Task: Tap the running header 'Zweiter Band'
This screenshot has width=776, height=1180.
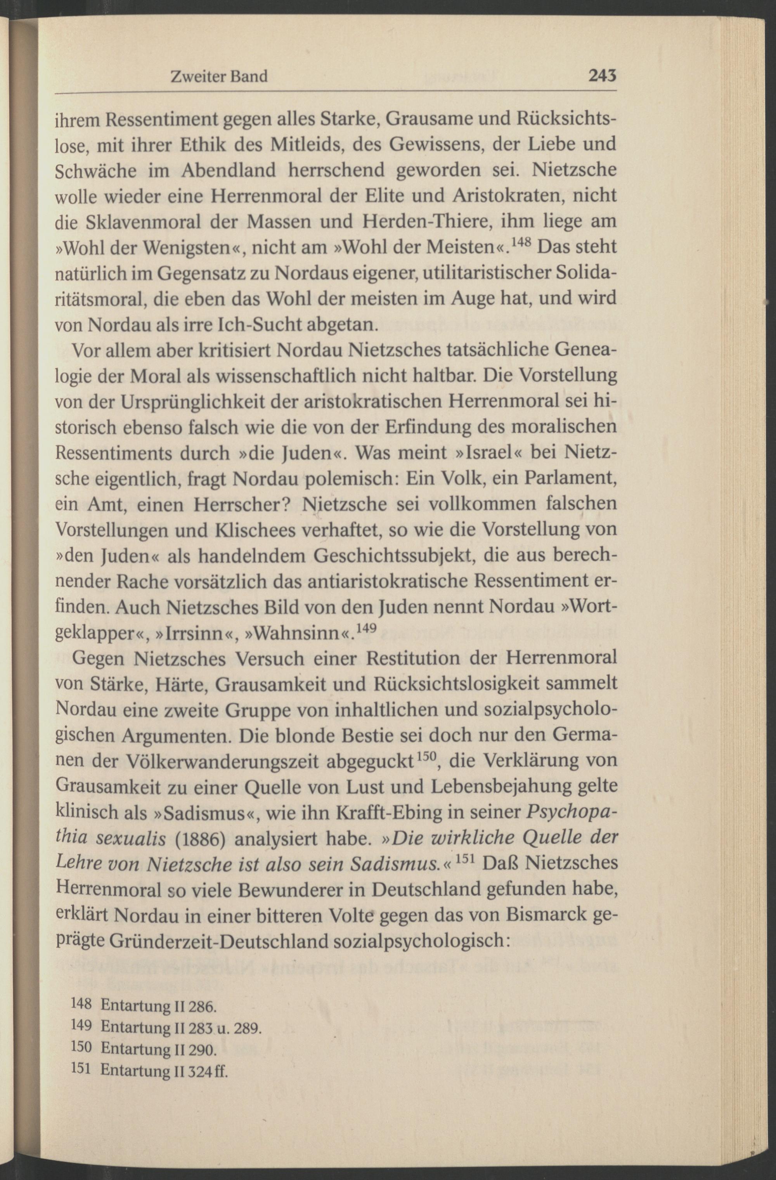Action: [219, 76]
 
